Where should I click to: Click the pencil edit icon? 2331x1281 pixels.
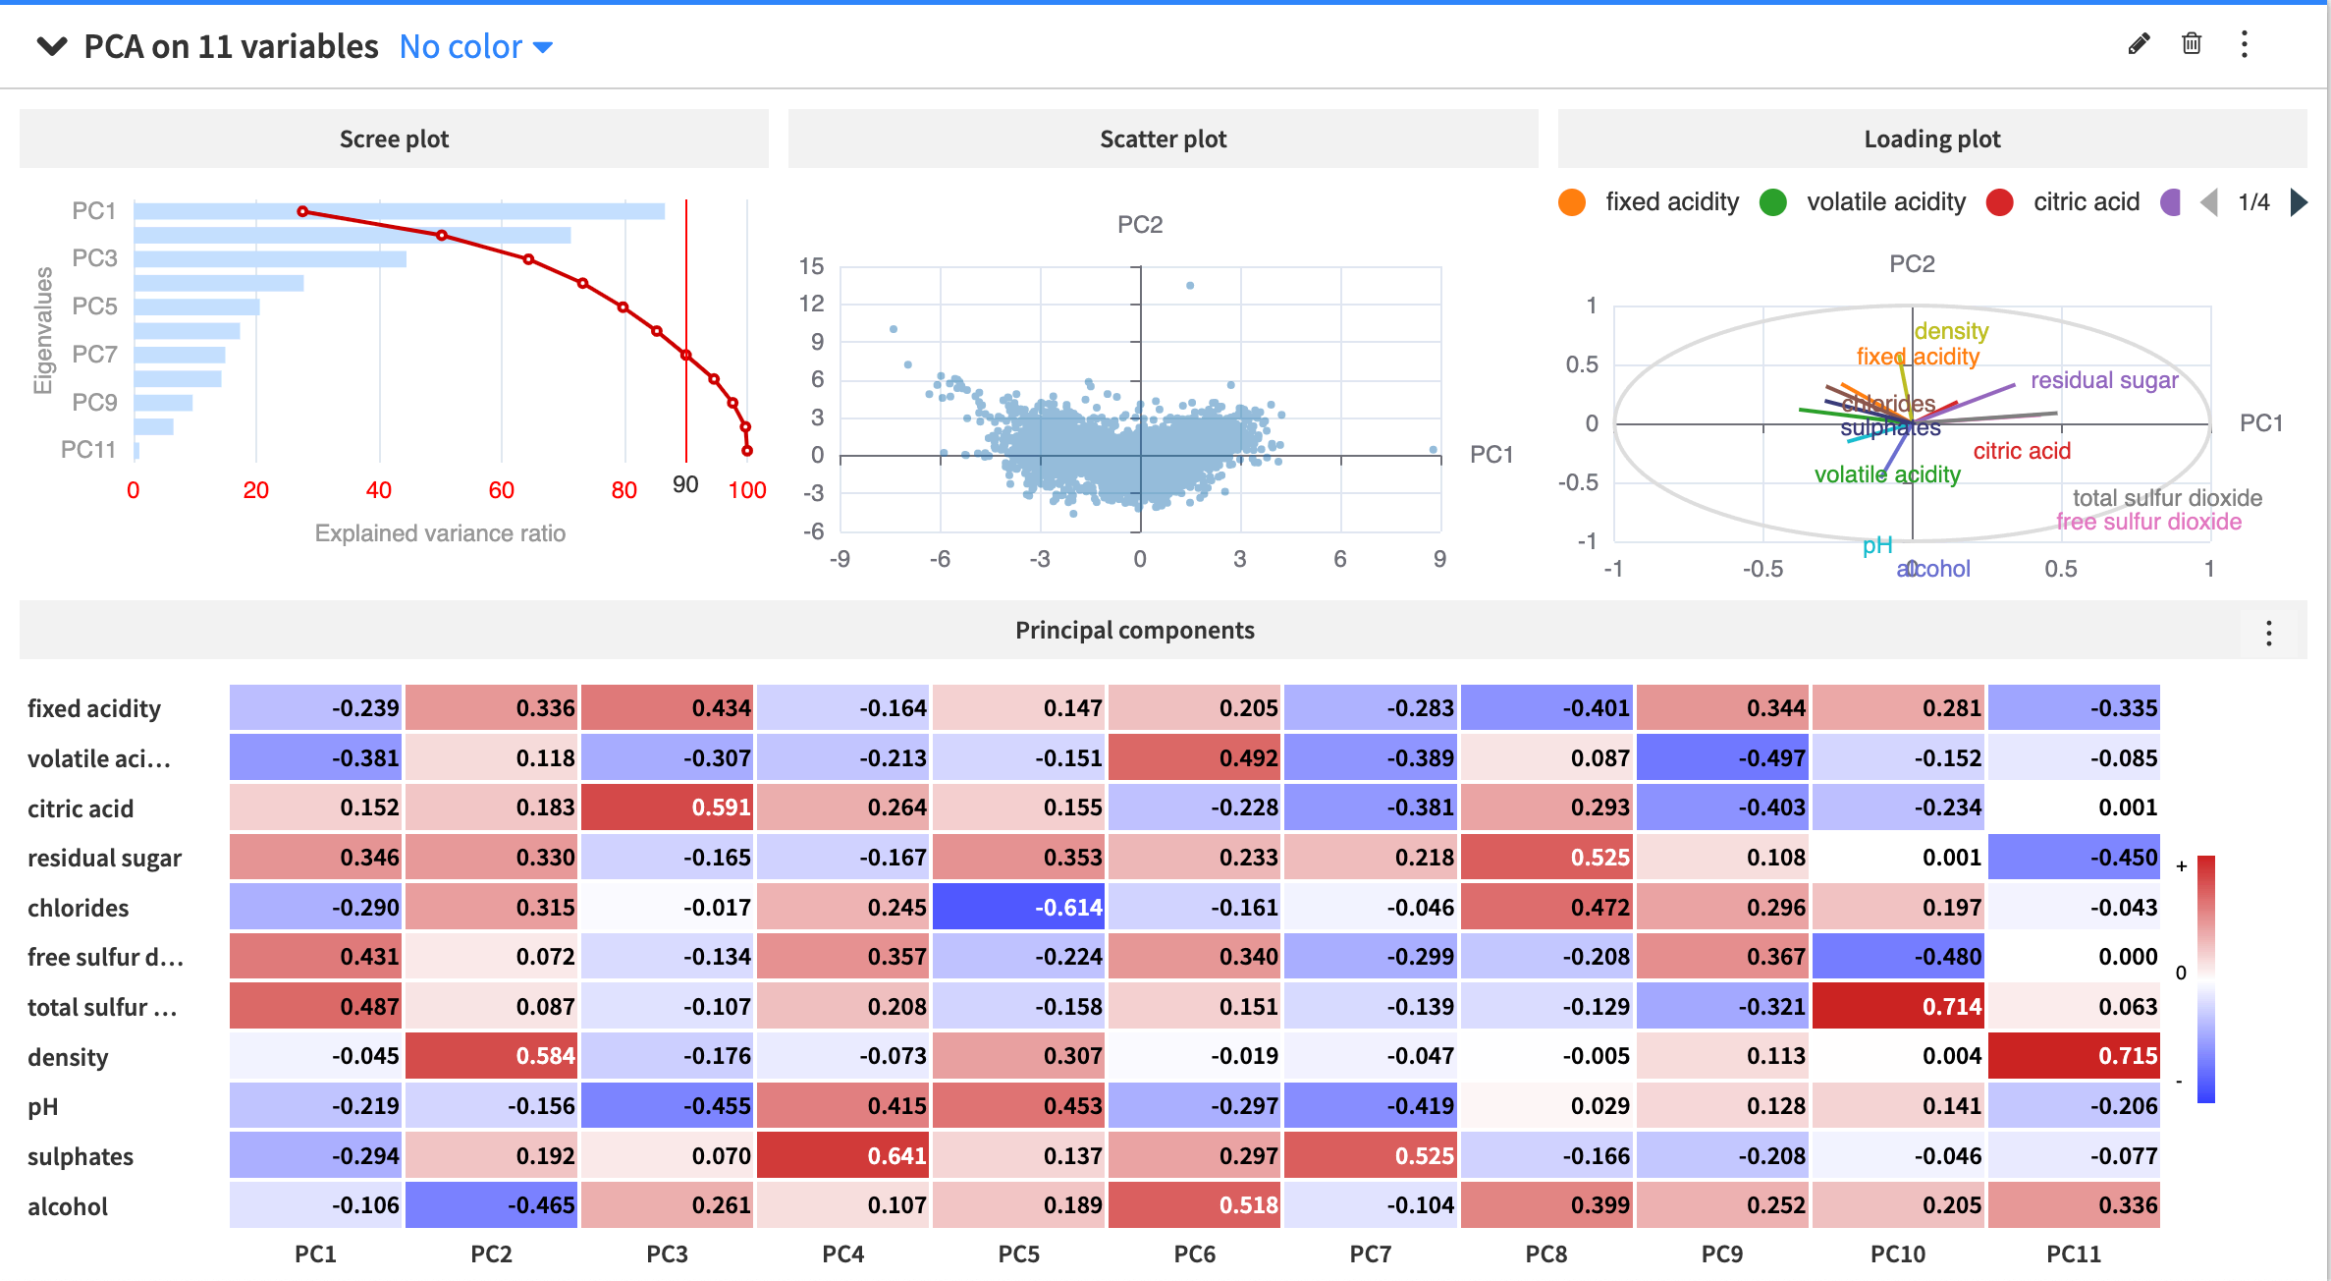[2139, 44]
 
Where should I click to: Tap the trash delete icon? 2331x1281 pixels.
[2192, 44]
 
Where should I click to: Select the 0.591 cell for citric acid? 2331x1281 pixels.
[668, 808]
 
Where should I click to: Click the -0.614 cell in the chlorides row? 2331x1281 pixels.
[1019, 907]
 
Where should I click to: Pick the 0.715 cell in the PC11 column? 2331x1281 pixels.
[2074, 1056]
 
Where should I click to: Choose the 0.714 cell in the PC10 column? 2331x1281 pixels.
[1898, 1006]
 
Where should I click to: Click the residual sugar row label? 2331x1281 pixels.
[104, 858]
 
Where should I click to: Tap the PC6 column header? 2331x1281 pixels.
[1194, 1253]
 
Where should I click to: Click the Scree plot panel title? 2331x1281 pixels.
[394, 139]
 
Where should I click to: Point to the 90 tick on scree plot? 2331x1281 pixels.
[685, 484]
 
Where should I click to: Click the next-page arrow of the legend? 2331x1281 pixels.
[2298, 202]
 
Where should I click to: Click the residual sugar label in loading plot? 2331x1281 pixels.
[2104, 380]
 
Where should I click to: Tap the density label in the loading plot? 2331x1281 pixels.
[1951, 331]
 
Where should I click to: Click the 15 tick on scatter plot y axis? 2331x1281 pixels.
[811, 266]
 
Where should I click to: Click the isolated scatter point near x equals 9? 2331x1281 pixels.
[1434, 450]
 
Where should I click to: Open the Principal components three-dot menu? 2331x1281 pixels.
[2268, 633]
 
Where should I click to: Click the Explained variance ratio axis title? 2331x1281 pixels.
[440, 533]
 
